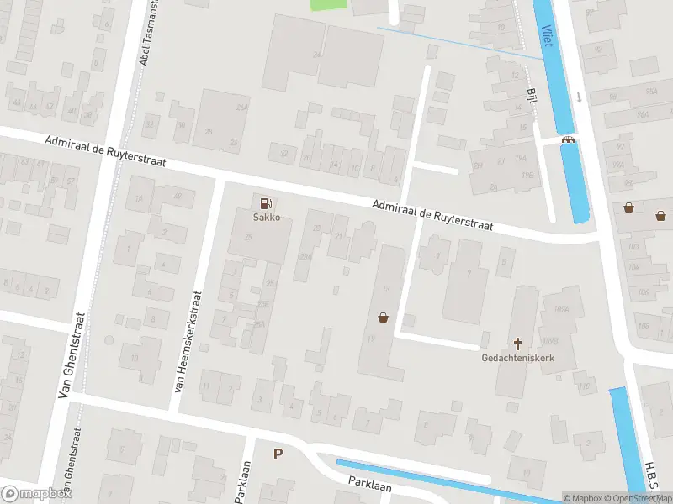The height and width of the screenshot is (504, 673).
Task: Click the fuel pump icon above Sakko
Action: (267, 202)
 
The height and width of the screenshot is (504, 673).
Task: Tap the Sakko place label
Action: (267, 217)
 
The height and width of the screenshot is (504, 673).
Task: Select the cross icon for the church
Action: (518, 343)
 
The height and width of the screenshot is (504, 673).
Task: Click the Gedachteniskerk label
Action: (518, 358)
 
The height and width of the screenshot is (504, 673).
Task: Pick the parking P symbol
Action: (278, 454)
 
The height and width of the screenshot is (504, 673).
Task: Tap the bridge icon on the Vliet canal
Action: (570, 140)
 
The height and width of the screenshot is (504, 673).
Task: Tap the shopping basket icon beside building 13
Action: (384, 318)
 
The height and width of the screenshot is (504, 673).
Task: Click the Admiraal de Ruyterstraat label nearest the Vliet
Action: (432, 214)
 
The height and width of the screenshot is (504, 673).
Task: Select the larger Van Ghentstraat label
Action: (72, 367)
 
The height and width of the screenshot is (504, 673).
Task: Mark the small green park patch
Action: (328, 5)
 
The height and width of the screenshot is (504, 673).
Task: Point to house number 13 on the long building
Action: (386, 289)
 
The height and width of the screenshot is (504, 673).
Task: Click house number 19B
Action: (527, 175)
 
